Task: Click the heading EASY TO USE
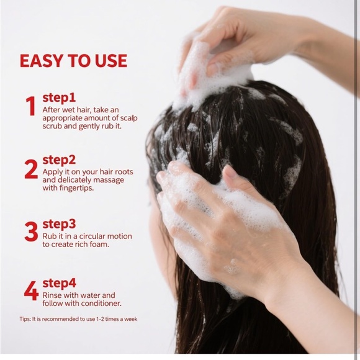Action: pyautogui.click(x=73, y=61)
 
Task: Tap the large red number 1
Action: pyautogui.click(x=30, y=107)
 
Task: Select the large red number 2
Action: pyautogui.click(x=31, y=169)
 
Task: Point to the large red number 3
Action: pyautogui.click(x=31, y=232)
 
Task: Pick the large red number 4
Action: pyautogui.click(x=31, y=290)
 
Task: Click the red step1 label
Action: pyautogui.click(x=58, y=97)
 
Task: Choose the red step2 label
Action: pyautogui.click(x=58, y=160)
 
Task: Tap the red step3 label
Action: pyautogui.click(x=58, y=223)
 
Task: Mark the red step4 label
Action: pyautogui.click(x=58, y=284)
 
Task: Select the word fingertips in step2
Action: pyautogui.click(x=76, y=189)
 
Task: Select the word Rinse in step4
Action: pyautogui.click(x=53, y=295)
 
